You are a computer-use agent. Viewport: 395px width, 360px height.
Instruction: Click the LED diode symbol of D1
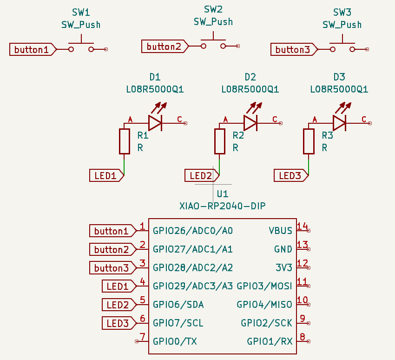(x=155, y=123)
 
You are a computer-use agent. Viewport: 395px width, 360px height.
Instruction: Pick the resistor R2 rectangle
(x=220, y=141)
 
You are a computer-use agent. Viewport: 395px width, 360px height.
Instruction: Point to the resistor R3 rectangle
(x=309, y=141)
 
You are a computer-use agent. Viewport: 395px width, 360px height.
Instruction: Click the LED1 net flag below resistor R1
(x=106, y=175)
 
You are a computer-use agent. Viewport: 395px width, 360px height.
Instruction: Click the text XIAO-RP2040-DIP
(x=223, y=205)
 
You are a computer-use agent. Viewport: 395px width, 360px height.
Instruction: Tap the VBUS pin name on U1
(x=280, y=231)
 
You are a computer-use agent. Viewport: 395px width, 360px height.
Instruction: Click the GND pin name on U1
(x=283, y=249)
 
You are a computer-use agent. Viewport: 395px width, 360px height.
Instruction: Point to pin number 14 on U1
(x=302, y=227)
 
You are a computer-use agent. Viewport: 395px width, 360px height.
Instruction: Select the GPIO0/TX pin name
(x=175, y=341)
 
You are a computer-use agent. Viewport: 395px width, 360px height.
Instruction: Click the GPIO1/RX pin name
(x=270, y=341)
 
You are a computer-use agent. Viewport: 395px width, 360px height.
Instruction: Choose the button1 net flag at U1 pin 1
(x=112, y=231)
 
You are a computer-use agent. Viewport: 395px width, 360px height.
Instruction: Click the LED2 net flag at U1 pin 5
(x=118, y=305)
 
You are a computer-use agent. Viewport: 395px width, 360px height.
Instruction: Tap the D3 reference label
(x=339, y=77)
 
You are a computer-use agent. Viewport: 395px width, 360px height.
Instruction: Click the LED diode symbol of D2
(x=250, y=123)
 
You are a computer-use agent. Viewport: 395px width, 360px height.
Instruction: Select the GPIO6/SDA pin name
(x=178, y=305)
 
